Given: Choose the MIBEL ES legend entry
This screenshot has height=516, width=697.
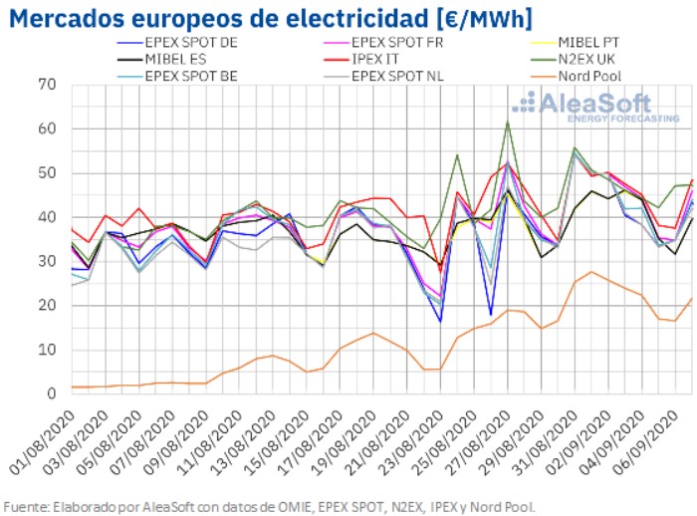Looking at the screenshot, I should (x=174, y=60).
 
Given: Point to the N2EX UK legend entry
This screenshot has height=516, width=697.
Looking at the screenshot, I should (x=593, y=60).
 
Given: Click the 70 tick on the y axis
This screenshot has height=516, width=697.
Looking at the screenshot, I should (x=46, y=85).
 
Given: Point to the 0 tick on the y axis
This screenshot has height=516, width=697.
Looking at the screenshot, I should (x=50, y=393).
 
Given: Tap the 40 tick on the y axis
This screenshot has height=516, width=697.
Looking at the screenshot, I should (x=46, y=217).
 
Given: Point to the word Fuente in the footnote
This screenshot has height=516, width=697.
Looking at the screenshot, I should (x=27, y=505).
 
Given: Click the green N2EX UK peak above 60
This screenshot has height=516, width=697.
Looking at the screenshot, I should (x=507, y=122).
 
